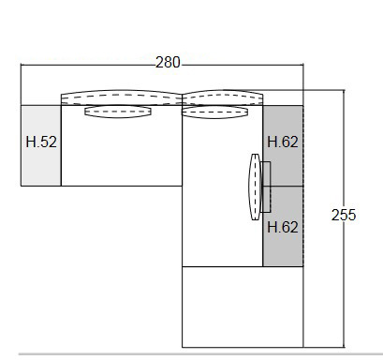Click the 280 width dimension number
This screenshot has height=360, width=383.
168,63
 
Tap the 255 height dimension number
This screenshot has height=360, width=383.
344,215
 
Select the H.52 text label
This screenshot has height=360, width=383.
40,143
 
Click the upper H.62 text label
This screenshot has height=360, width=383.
283,143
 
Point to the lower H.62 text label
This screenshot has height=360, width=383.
283,226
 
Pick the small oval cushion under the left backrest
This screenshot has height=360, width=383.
118,112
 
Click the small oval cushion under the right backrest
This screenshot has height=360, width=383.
215,112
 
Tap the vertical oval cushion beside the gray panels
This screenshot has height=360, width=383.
253,187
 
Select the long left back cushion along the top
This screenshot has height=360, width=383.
120,97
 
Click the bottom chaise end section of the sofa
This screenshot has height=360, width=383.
243,307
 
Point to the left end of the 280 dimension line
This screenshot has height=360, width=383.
21,65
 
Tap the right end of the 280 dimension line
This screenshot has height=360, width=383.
304,65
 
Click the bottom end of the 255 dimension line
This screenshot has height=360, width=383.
344,346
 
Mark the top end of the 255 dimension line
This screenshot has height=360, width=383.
344,91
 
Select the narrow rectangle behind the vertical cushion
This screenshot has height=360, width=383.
266,187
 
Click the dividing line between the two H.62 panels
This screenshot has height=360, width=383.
283,186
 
